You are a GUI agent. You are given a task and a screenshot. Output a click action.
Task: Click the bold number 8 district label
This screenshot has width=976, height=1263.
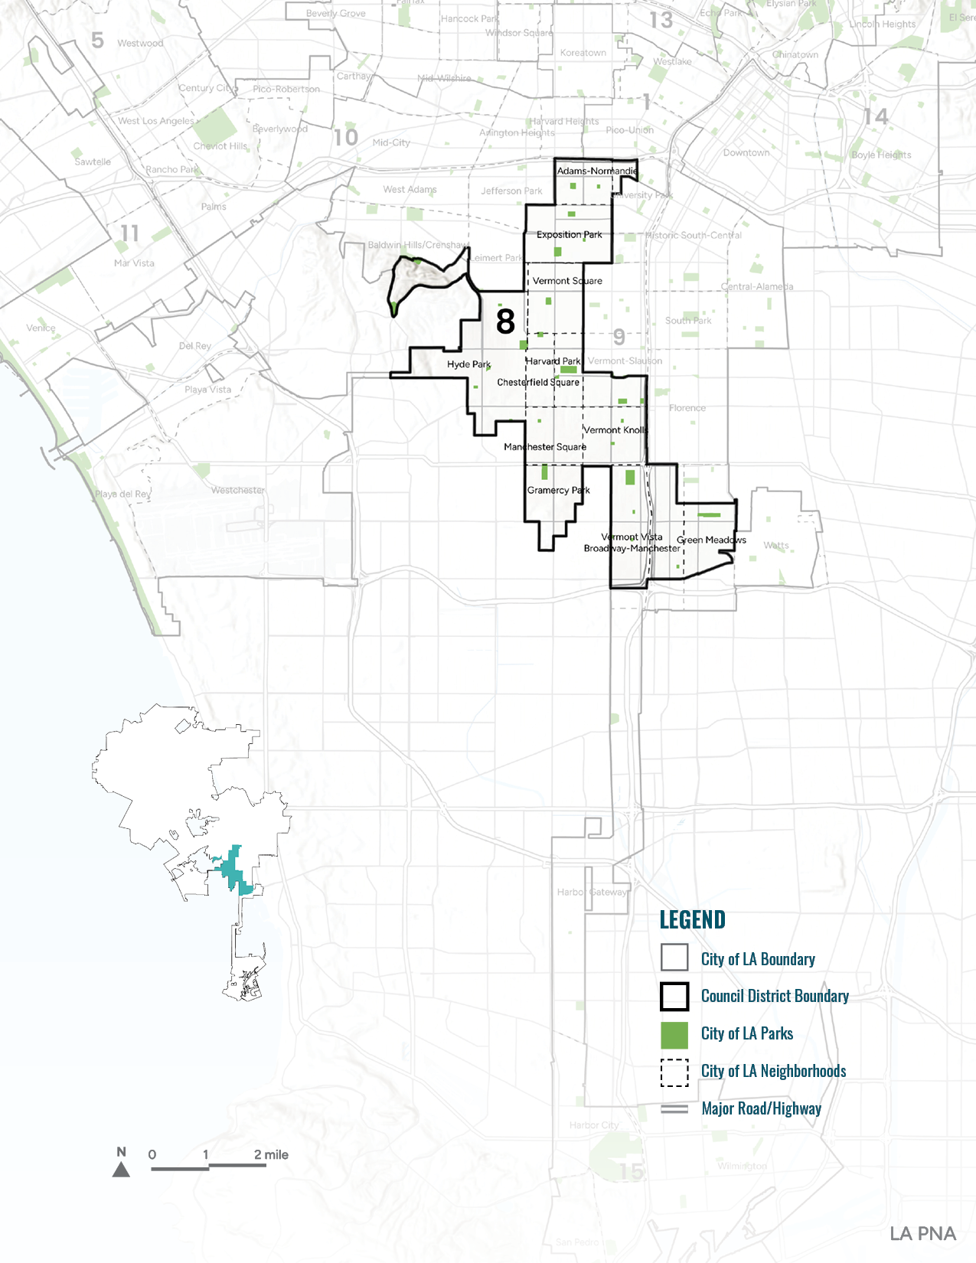click(x=505, y=321)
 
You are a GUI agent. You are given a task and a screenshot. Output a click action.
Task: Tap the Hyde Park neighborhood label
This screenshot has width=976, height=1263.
click(x=468, y=364)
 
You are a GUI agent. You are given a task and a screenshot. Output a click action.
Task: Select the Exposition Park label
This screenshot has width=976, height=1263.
click(x=569, y=235)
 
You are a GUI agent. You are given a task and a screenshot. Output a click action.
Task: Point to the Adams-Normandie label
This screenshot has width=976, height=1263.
click(x=596, y=171)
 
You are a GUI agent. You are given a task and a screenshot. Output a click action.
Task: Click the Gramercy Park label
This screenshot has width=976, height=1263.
click(x=558, y=490)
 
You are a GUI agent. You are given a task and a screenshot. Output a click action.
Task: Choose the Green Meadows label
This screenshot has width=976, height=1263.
click(x=711, y=540)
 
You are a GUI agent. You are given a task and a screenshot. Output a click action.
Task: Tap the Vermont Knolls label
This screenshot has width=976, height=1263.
click(x=615, y=430)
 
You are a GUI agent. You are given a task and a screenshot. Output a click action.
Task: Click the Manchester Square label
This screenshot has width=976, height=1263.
click(x=545, y=447)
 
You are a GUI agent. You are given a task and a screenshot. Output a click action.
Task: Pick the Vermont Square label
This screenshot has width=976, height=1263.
click(x=567, y=281)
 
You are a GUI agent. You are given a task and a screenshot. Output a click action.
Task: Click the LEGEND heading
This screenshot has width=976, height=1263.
click(x=692, y=920)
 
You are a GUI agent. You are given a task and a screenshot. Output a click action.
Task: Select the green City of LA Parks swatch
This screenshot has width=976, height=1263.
click(x=674, y=1034)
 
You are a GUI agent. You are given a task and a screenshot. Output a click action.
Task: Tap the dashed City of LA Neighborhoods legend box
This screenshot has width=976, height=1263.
click(x=674, y=1072)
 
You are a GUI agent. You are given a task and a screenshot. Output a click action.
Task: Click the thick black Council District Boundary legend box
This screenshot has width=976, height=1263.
click(x=674, y=997)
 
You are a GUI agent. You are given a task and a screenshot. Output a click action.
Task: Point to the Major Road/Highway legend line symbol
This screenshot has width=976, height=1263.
click(x=674, y=1109)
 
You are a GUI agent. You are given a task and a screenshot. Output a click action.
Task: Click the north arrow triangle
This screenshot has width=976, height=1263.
click(x=121, y=1170)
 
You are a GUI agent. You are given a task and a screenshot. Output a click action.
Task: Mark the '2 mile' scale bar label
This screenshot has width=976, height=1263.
click(x=271, y=1155)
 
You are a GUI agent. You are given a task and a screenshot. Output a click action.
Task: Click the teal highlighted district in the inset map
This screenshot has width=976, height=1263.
click(x=232, y=871)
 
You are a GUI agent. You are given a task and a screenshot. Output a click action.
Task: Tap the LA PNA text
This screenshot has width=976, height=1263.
click(x=922, y=1234)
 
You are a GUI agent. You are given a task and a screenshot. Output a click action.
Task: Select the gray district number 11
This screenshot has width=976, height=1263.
click(x=129, y=233)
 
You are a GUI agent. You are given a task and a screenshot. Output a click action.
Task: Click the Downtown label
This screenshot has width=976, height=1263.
click(x=746, y=153)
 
